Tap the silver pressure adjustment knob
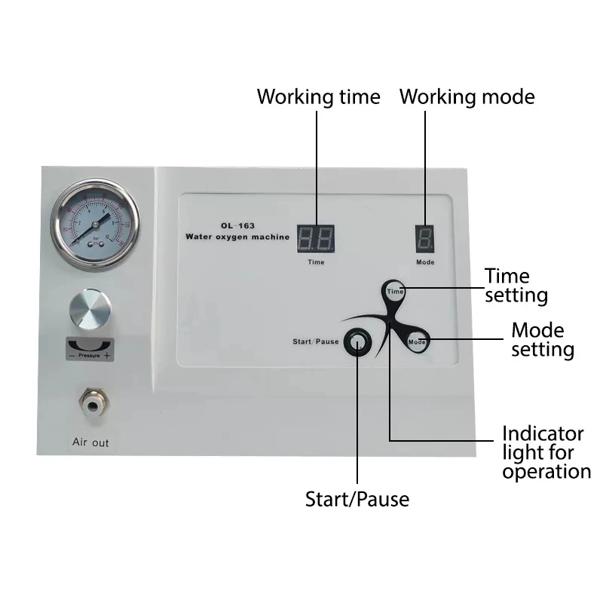[90, 311]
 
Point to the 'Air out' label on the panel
[90, 442]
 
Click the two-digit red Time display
[317, 239]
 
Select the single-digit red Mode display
[425, 239]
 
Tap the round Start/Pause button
[357, 342]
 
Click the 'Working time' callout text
[318, 97]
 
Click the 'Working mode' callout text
[467, 97]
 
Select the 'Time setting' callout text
[516, 286]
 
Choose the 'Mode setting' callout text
[542, 340]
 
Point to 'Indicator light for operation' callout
[546, 453]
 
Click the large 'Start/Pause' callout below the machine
[357, 499]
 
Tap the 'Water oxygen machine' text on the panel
[237, 237]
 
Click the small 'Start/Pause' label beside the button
[315, 342]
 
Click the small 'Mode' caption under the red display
[425, 262]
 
